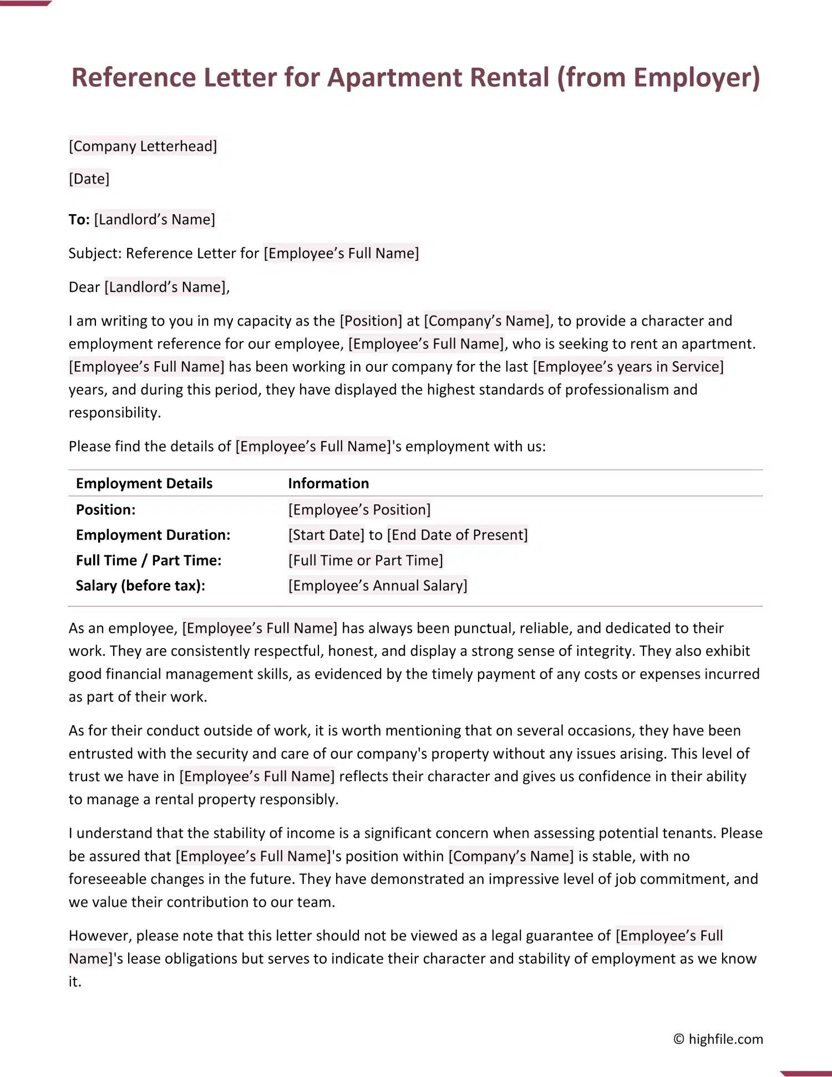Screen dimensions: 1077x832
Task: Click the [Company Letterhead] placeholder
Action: coord(143,146)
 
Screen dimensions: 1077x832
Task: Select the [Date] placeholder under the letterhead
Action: coord(89,179)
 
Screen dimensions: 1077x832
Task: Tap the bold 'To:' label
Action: coord(79,220)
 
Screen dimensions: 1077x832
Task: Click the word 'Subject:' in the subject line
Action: coord(95,254)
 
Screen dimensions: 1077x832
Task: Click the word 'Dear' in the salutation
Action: coord(84,287)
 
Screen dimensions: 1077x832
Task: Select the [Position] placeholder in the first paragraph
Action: coord(371,321)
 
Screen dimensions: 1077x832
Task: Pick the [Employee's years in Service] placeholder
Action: coord(628,367)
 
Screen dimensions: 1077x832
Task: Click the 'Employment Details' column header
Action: coord(144,483)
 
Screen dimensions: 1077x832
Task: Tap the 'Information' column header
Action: coord(328,483)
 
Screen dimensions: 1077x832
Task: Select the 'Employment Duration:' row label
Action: coord(153,535)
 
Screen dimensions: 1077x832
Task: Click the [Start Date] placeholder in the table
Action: coord(326,535)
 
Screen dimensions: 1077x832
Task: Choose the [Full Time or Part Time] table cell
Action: coord(366,560)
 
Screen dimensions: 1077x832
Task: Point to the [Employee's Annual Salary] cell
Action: coord(378,585)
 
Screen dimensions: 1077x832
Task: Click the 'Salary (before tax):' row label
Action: coord(140,585)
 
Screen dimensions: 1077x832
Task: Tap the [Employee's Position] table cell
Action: coord(359,509)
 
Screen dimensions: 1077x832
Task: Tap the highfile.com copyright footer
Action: coord(718,1039)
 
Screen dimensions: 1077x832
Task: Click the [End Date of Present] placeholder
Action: coord(457,535)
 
